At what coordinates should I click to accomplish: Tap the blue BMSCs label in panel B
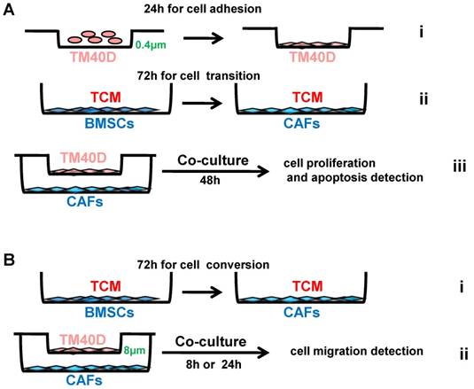(x=83, y=315)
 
